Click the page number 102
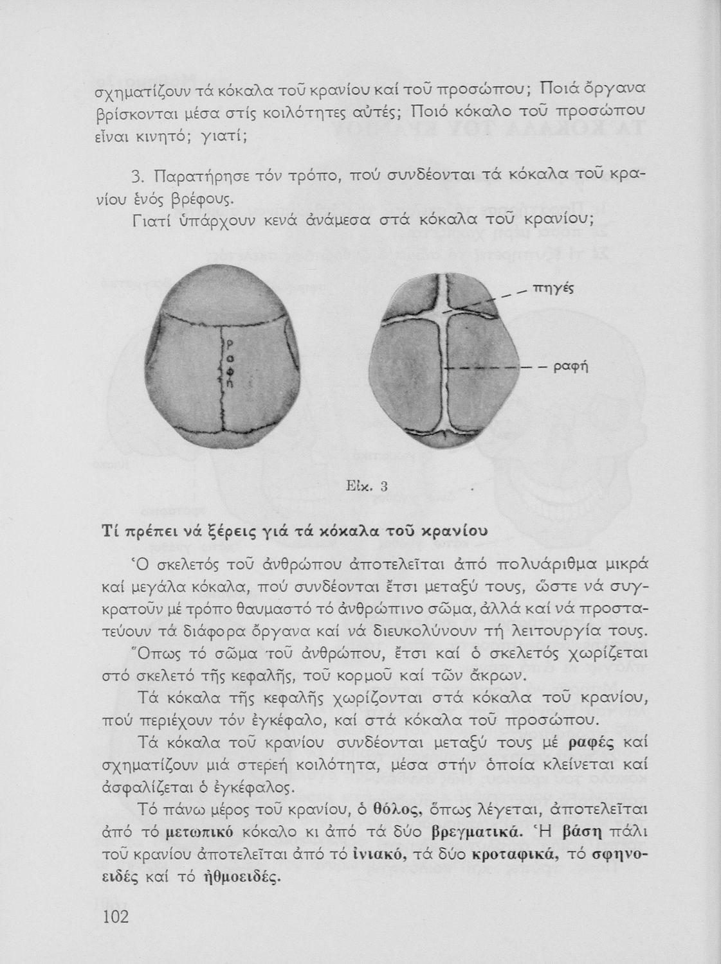pyautogui.click(x=116, y=915)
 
